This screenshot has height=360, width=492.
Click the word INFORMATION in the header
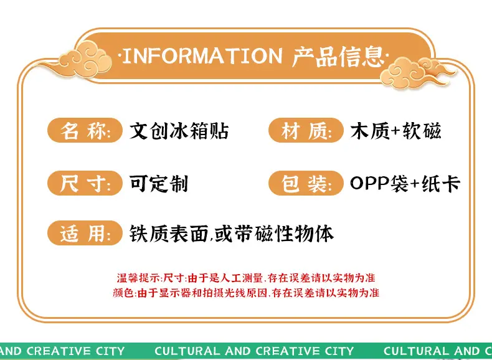(202, 56)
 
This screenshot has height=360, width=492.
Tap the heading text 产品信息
(338, 57)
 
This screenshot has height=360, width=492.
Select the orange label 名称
(85, 130)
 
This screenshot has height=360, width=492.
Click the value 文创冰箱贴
(179, 131)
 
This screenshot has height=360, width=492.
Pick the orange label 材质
(306, 130)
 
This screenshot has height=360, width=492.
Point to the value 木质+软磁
(396, 131)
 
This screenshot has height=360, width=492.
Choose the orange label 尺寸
(85, 183)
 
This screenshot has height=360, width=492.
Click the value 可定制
(159, 183)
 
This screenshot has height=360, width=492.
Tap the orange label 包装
(306, 183)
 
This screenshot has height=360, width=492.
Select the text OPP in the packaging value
(370, 182)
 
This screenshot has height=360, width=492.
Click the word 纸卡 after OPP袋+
(441, 183)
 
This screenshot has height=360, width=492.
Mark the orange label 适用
(85, 233)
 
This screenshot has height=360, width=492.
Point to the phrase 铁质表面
(169, 234)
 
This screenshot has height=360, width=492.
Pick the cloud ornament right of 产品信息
(415, 72)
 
